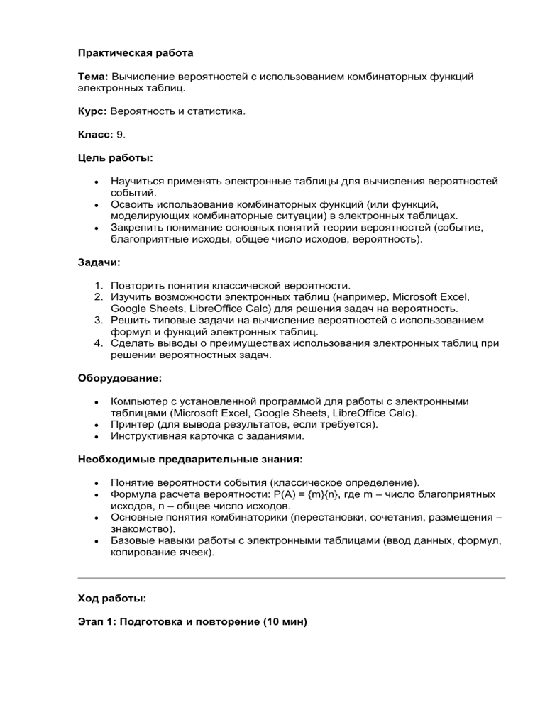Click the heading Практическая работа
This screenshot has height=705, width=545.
point(135,53)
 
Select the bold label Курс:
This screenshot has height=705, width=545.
point(92,113)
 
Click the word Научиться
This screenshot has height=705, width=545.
point(137,182)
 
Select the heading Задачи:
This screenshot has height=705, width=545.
point(99,262)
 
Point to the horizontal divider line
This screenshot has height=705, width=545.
point(291,579)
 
